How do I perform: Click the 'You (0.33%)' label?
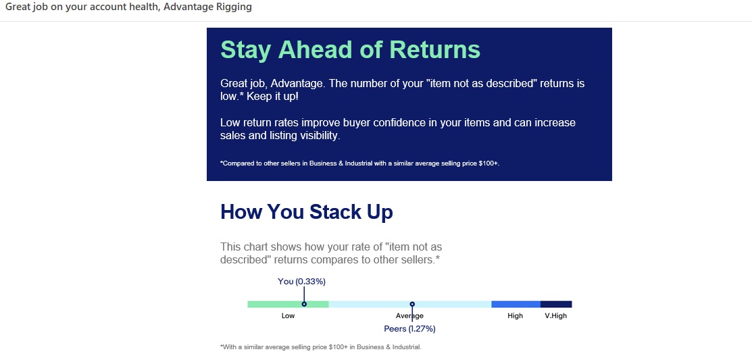click(301, 282)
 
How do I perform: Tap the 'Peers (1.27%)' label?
click(409, 329)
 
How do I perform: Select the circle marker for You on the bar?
click(304, 304)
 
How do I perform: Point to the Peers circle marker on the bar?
click(412, 304)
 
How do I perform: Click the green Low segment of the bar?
click(288, 304)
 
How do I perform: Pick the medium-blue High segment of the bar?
click(516, 304)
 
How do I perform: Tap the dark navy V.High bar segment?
click(556, 304)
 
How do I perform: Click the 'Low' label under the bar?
click(289, 316)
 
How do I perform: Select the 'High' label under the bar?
click(515, 316)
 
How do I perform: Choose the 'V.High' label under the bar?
click(556, 316)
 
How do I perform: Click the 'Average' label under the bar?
click(409, 316)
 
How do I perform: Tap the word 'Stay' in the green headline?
click(247, 51)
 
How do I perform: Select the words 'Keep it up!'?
click(272, 97)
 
